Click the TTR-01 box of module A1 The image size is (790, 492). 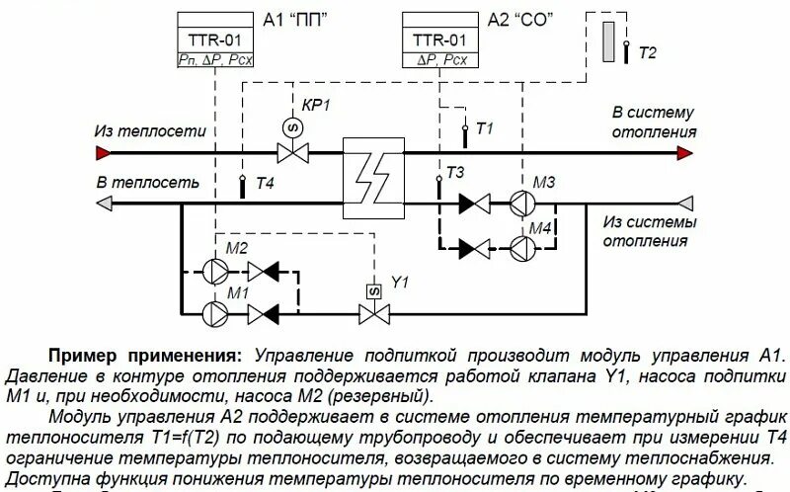pos(214,41)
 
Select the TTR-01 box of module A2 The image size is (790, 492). pos(440,41)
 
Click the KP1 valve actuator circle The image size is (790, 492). pos(292,126)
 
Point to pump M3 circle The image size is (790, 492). pos(522,204)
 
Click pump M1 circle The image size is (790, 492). pos(211,313)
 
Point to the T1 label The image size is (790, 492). pos(484,128)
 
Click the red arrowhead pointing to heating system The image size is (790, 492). pos(682,151)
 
